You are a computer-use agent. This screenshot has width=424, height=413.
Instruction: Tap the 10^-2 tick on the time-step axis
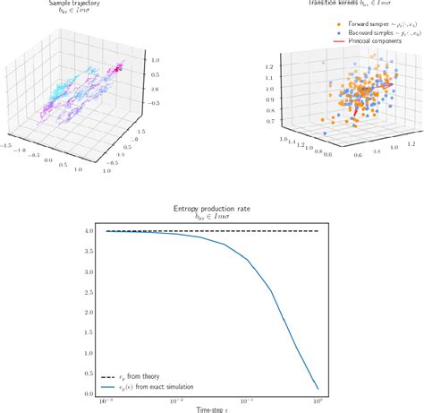179,402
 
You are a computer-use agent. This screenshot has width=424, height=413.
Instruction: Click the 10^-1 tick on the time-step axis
249,402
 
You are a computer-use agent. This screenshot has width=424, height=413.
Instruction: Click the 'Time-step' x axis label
211,410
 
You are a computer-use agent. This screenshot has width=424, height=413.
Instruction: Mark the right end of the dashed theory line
318,231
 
